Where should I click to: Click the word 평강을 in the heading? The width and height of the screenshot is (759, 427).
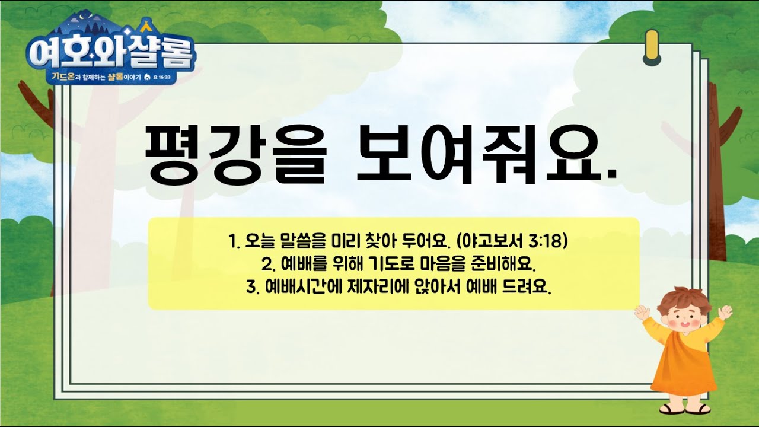point(235,155)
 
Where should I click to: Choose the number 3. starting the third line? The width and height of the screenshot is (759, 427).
point(253,288)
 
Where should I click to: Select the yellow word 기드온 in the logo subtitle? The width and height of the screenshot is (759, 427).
point(63,77)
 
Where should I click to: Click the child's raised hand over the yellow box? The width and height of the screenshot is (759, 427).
point(642,312)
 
